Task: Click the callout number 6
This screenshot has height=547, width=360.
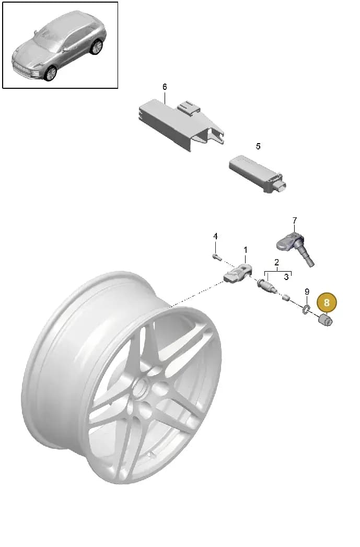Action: (x=165, y=87)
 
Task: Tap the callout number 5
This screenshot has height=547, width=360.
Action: (x=258, y=146)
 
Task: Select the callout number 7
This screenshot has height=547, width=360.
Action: (x=295, y=220)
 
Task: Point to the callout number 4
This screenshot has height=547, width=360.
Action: (x=215, y=236)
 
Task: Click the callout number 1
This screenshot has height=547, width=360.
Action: (x=246, y=250)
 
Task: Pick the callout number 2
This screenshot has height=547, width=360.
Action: (x=276, y=262)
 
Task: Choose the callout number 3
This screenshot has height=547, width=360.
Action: (x=286, y=277)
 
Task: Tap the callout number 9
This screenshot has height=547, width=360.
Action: (x=307, y=292)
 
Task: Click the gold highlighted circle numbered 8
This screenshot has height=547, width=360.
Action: (x=327, y=302)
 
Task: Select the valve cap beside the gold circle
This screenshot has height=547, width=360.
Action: (x=326, y=320)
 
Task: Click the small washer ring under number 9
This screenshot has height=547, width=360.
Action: (x=306, y=309)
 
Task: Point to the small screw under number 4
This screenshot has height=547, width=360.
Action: (x=217, y=257)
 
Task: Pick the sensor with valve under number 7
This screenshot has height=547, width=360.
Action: (x=295, y=247)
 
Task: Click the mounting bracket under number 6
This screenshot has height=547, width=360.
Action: (x=181, y=124)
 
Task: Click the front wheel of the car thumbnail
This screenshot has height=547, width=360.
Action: (x=51, y=73)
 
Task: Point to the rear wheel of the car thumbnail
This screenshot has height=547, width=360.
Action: (x=96, y=47)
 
